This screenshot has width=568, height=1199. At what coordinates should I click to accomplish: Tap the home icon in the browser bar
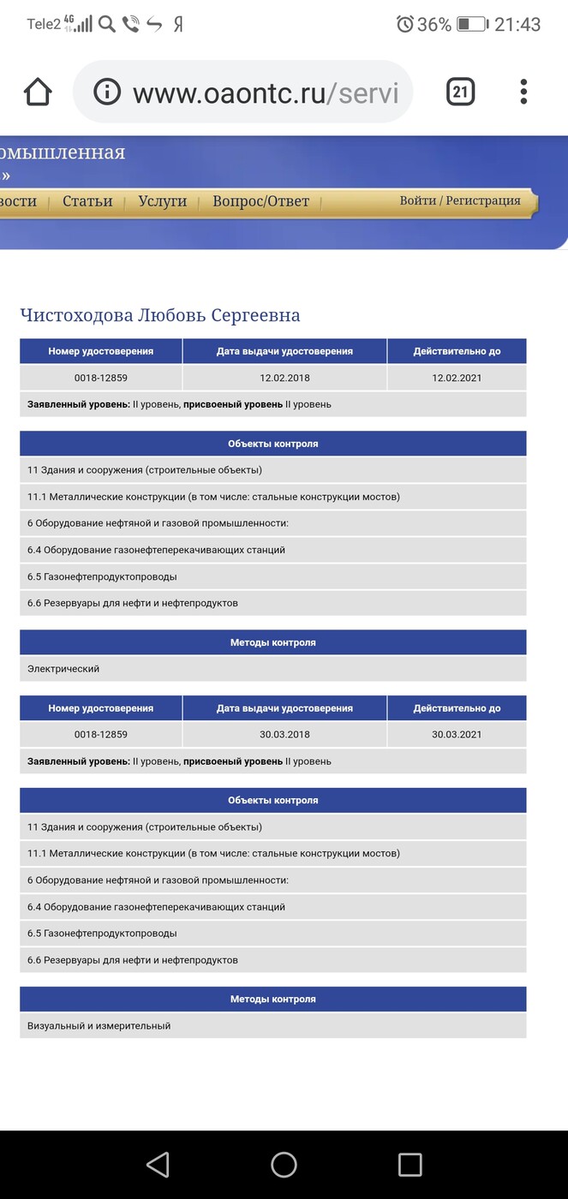click(39, 92)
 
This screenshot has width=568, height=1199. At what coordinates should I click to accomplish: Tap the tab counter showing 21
click(460, 92)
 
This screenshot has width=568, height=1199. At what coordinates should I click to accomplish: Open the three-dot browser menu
click(523, 92)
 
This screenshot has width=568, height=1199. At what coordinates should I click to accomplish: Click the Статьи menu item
click(87, 201)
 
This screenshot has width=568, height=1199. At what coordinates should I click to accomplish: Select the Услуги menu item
click(162, 201)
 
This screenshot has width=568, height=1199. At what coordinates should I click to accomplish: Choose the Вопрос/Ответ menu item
click(260, 201)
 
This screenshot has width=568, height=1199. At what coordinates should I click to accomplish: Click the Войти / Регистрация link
click(460, 200)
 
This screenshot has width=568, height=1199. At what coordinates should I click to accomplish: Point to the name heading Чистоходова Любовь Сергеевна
click(160, 315)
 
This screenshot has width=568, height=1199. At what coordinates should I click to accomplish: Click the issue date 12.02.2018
click(284, 378)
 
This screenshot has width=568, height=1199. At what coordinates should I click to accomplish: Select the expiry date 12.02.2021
click(457, 378)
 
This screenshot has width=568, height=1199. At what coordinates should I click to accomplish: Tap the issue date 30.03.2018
click(284, 735)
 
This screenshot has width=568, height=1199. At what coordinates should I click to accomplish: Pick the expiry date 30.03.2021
click(457, 735)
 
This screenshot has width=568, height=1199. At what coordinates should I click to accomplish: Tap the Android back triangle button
click(158, 1164)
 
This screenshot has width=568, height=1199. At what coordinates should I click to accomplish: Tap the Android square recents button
click(410, 1164)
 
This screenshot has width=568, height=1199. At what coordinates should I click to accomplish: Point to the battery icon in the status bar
click(472, 24)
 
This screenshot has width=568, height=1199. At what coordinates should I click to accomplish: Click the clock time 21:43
click(517, 24)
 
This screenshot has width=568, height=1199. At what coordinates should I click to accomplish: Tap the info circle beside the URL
click(107, 92)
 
